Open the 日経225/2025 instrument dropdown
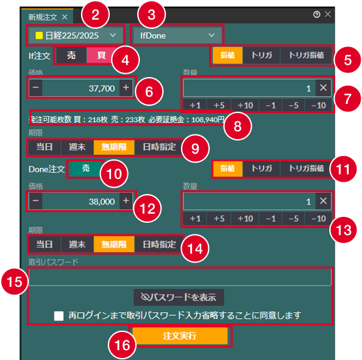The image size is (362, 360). tap(76, 35)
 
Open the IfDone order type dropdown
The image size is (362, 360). tap(177, 35)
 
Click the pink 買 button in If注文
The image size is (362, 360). tap(101, 56)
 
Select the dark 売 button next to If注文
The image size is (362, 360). tap(71, 56)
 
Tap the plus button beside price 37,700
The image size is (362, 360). tap(126, 88)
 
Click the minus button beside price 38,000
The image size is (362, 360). tap(36, 201)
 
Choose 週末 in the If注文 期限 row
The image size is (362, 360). tap(77, 147)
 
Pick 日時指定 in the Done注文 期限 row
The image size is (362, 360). tap(159, 244)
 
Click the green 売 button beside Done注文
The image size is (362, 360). tap(86, 168)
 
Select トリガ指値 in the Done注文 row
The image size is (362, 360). tap(306, 168)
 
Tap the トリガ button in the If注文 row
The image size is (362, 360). tap(261, 55)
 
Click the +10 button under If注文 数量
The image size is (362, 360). tap(245, 105)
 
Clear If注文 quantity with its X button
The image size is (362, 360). tap(323, 88)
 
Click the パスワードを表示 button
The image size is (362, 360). tap(178, 297)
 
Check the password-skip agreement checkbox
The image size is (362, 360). tap(59, 316)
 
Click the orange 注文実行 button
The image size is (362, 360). tap(180, 336)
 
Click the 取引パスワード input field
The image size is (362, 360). tap(180, 277)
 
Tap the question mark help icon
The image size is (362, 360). tap(316, 14)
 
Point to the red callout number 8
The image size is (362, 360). tap(238, 126)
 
